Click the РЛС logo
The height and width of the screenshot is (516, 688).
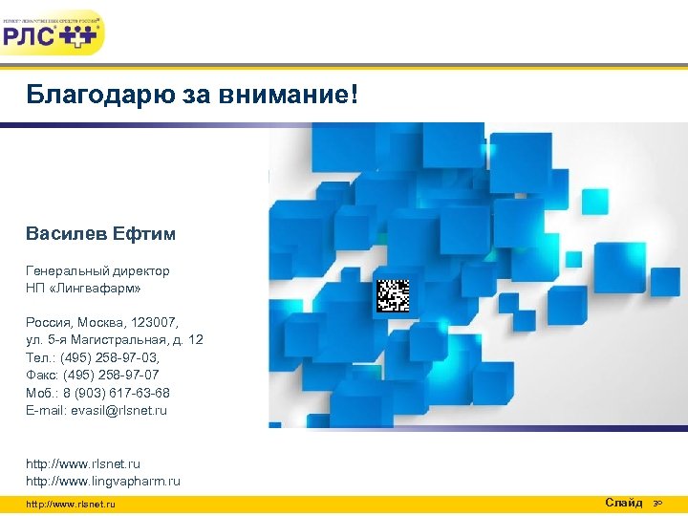pos(53,34)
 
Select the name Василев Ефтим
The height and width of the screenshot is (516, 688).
pos(101,234)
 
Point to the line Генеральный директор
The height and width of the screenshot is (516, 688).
pos(97,270)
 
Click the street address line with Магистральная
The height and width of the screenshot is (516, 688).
pos(115,340)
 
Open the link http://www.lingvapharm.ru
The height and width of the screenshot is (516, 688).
pos(103,482)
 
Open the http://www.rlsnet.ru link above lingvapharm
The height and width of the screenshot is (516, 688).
pos(83,464)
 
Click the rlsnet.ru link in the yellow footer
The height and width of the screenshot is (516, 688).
pos(71,505)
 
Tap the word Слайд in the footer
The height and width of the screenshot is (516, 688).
pos(624,503)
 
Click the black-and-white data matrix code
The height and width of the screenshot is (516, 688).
pos(393,295)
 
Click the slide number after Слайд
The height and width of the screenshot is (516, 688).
pos(657,504)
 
